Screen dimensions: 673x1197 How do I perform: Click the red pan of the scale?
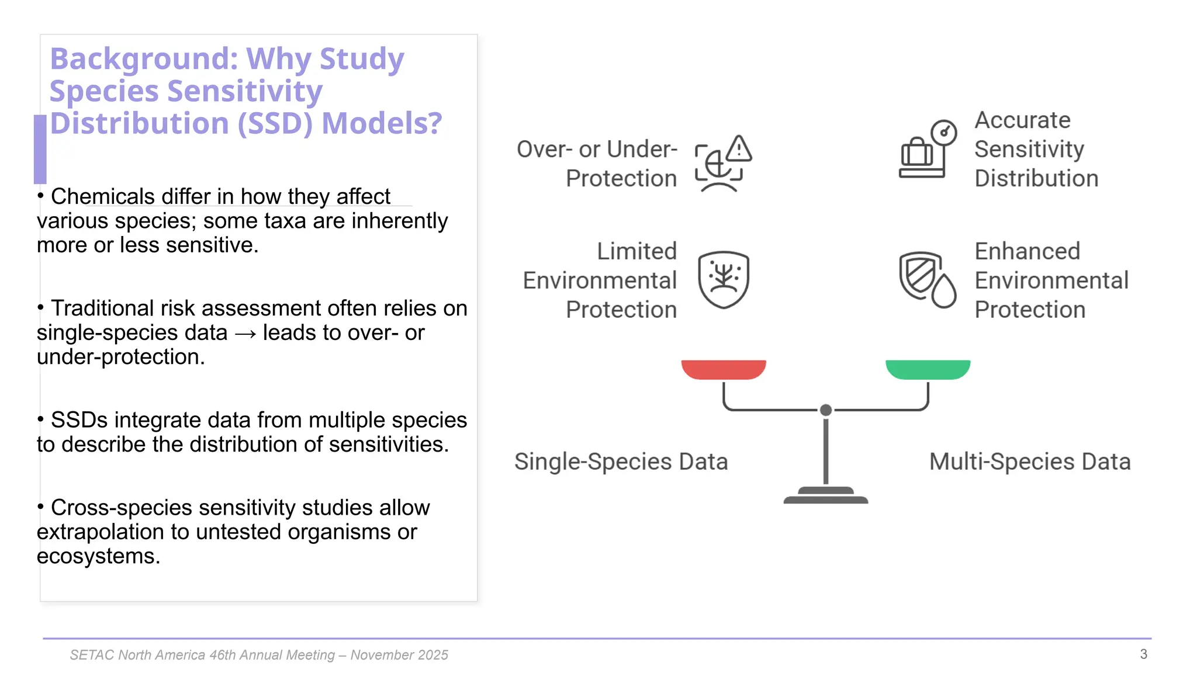coord(723,369)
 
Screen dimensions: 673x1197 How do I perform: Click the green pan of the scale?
coord(928,369)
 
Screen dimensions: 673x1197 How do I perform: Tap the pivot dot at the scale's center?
coord(825,410)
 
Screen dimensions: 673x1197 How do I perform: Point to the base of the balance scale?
coord(825,496)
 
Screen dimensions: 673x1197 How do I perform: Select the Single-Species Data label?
coord(621,462)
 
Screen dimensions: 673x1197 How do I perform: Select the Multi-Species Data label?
coord(1029,462)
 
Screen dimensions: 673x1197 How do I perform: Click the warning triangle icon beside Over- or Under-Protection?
coord(739,148)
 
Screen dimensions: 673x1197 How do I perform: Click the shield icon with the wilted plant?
coord(724,279)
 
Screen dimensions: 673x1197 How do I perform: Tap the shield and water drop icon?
coord(927,279)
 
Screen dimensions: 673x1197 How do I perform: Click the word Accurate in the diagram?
coord(1022,120)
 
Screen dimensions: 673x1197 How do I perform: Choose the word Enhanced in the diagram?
coord(1027,251)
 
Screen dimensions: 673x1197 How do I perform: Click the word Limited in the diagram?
coord(636,251)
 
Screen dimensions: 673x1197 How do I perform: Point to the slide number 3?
coord(1143,654)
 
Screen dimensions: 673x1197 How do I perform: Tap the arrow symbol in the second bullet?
coord(245,334)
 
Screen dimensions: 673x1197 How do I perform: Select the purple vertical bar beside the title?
coord(40,149)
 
